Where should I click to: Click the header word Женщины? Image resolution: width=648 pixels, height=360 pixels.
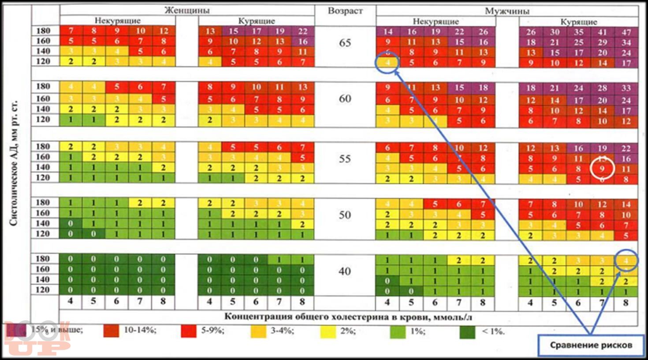click(x=187, y=10)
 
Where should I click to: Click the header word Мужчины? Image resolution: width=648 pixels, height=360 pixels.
click(x=507, y=11)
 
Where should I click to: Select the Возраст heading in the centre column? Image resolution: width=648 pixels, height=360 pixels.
click(x=345, y=11)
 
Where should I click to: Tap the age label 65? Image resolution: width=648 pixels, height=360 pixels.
click(x=345, y=43)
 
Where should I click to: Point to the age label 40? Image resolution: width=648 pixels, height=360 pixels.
click(x=345, y=271)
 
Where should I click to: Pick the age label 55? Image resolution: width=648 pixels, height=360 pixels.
click(x=345, y=159)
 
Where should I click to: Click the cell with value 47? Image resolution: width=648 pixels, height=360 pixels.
click(x=626, y=32)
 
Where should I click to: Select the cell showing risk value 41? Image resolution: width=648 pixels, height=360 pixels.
click(x=603, y=32)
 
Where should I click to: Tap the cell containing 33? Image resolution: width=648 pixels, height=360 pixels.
click(x=626, y=88)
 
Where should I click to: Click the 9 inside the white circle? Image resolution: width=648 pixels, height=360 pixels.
click(x=603, y=169)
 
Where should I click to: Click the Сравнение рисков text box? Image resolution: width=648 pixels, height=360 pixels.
click(x=591, y=345)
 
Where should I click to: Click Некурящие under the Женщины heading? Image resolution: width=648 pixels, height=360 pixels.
click(x=118, y=21)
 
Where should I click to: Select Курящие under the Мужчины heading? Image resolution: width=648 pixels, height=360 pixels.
click(x=579, y=22)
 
